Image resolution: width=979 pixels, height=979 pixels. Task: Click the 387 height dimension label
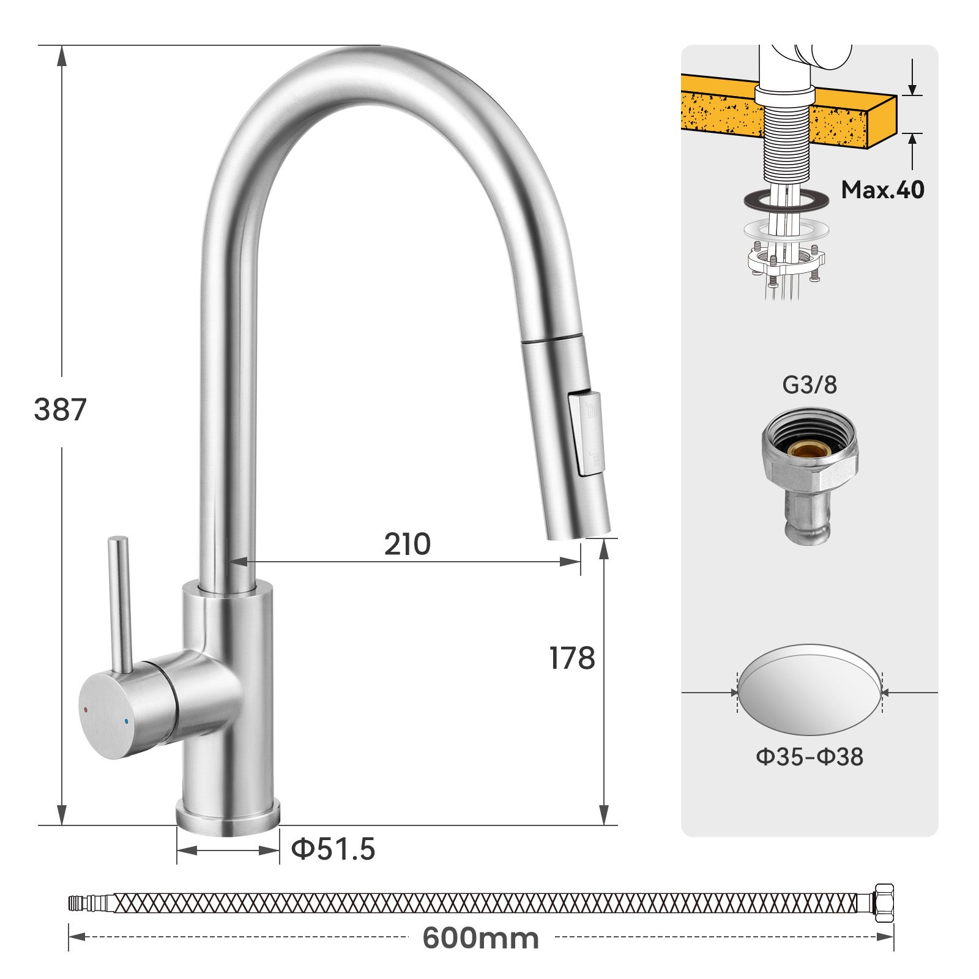coord(60,410)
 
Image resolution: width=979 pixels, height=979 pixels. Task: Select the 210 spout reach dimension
coord(407,544)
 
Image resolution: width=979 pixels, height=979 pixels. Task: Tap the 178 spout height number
coord(572,658)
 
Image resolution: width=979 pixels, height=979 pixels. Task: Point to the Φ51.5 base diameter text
coord(333,849)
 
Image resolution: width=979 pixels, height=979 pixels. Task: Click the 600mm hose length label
coord(480,938)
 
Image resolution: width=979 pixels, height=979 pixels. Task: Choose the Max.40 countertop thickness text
coord(882,190)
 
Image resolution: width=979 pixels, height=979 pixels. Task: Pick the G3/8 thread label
coord(810,385)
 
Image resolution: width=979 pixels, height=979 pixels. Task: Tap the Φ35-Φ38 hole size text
coord(810,757)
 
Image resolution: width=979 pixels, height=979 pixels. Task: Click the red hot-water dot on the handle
coord(86,709)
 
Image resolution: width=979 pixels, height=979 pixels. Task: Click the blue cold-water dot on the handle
coord(125,723)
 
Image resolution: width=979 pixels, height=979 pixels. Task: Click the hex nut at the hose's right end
coord(884,903)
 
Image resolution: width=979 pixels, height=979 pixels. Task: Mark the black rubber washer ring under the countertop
coord(786,200)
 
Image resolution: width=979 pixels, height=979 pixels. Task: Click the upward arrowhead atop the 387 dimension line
coord(61,55)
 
